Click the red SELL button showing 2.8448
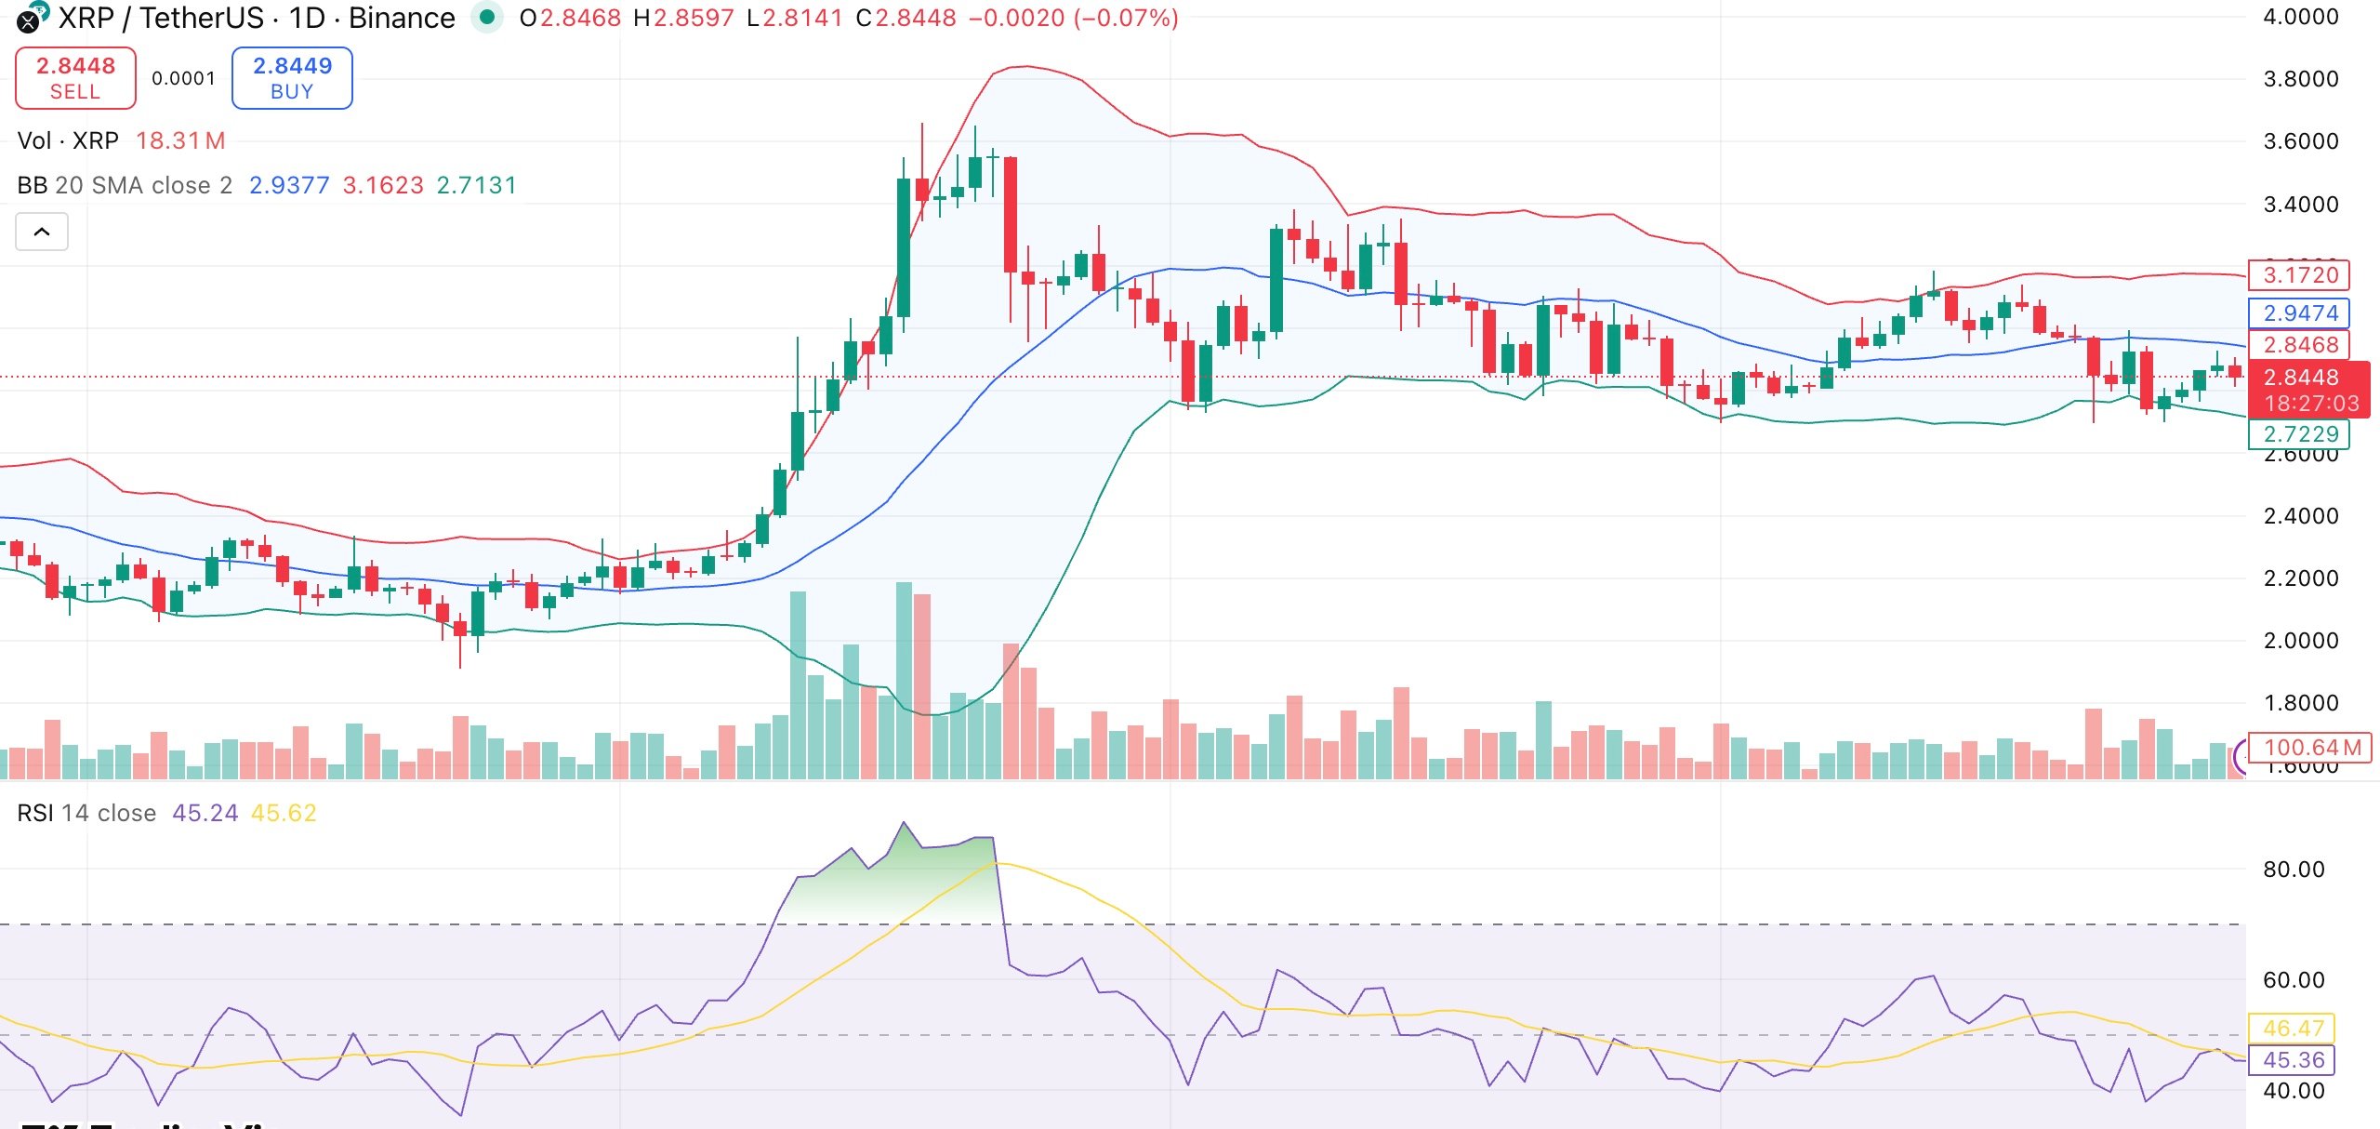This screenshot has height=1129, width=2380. (x=75, y=78)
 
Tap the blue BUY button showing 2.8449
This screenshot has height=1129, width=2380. (x=292, y=78)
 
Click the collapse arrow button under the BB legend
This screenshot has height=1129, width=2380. (x=42, y=232)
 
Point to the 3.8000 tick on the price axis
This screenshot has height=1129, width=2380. (x=2300, y=79)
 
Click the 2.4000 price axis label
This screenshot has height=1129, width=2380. (x=2300, y=516)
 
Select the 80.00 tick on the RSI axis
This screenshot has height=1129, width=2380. (x=2293, y=870)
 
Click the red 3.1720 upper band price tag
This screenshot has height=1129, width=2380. (x=2299, y=275)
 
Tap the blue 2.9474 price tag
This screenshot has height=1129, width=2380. (x=2299, y=313)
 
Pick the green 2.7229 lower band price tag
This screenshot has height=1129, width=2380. (x=2299, y=434)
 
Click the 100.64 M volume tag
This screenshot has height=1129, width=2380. (x=2311, y=748)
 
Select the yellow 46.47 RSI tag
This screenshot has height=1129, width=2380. (x=2293, y=1029)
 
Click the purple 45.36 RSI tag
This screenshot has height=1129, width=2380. (x=2293, y=1060)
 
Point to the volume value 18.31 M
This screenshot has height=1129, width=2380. (x=180, y=140)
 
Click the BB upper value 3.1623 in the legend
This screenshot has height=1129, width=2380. (x=383, y=185)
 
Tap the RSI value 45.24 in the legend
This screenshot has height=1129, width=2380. (x=205, y=813)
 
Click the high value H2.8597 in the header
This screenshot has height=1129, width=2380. (x=683, y=18)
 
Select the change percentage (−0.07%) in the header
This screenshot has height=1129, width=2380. (x=1126, y=18)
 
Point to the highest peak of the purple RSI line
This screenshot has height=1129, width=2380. (x=904, y=823)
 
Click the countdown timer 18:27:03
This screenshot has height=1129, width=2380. (x=2311, y=404)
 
